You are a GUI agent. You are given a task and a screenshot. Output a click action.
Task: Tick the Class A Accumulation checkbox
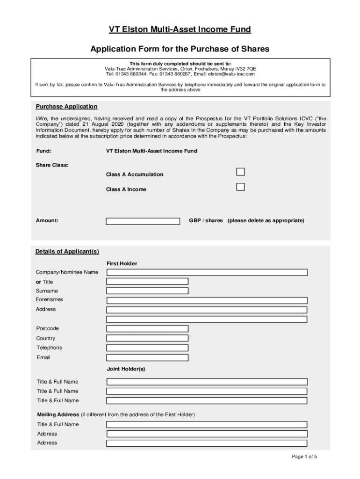click(240, 172)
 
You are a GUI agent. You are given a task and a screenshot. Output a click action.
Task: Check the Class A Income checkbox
click(240, 187)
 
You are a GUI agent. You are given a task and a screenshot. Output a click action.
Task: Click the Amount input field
click(143, 221)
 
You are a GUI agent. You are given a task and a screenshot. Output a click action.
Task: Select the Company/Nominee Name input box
click(207, 272)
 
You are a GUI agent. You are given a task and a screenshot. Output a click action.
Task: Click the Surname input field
click(147, 291)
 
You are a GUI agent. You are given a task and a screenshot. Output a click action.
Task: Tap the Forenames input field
click(207, 300)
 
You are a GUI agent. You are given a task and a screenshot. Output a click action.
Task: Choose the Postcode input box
click(147, 329)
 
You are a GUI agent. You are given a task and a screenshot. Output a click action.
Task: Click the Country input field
click(147, 338)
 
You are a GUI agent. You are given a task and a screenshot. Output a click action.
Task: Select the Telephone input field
click(147, 348)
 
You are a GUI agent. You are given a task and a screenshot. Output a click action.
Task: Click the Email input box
click(147, 358)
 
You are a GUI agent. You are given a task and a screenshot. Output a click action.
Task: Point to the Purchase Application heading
click(67, 107)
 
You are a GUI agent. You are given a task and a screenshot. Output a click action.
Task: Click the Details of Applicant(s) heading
click(67, 252)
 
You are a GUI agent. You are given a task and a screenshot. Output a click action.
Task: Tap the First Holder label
click(122, 264)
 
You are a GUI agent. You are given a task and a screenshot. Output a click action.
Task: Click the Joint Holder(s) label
click(126, 369)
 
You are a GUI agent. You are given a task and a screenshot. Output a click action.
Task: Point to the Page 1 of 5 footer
click(304, 457)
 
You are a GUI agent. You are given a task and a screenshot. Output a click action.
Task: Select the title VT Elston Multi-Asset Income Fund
click(180, 30)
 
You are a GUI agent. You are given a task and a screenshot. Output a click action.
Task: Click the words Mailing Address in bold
click(58, 415)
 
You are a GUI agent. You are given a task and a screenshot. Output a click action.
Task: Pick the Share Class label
click(52, 165)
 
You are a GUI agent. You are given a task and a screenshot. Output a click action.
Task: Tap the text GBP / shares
click(206, 220)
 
